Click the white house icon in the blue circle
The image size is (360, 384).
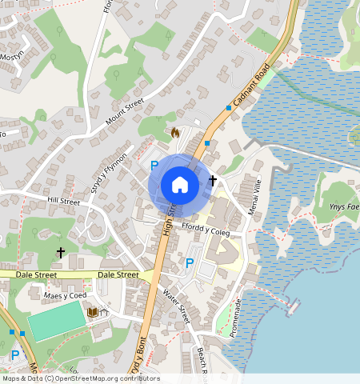pos(180,185)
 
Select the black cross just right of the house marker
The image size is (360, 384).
pos(213,181)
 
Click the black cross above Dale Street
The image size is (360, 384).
pos(61,252)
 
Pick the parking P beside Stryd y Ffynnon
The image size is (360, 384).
pos(154,166)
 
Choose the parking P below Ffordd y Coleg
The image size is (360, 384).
pos(190,262)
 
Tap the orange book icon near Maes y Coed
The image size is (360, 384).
pos(94,311)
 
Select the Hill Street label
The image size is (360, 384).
pos(64,202)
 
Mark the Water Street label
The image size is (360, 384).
pos(174,306)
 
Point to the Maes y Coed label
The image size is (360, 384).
pos(66,296)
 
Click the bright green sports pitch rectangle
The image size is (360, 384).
pos(56,321)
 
